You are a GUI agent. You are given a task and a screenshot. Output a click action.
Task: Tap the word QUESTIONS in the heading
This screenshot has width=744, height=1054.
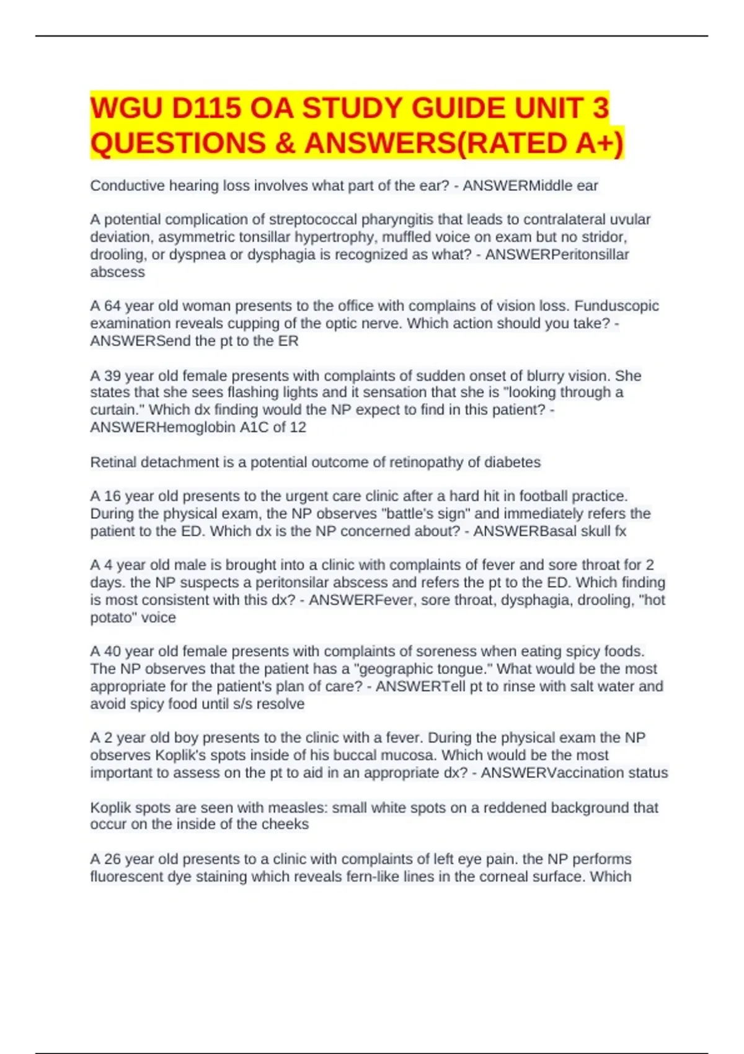178,143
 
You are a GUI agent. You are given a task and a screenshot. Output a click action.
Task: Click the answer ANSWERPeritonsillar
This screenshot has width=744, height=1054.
557,254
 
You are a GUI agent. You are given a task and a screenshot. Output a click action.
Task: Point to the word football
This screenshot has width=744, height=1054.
546,496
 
